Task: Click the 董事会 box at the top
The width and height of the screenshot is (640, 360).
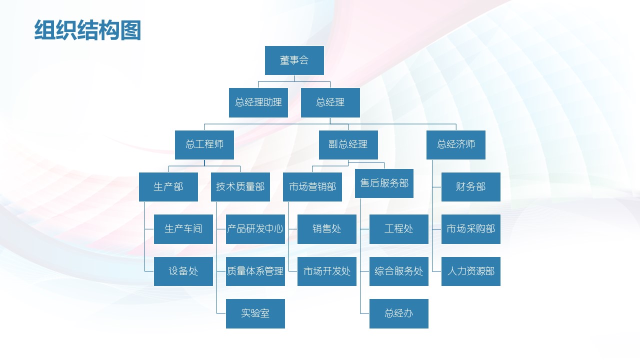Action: pyautogui.click(x=294, y=60)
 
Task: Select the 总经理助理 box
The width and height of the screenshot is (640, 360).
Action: pyautogui.click(x=258, y=102)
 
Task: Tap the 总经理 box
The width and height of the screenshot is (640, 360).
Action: pyautogui.click(x=330, y=102)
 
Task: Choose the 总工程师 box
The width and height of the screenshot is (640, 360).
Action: pyautogui.click(x=204, y=144)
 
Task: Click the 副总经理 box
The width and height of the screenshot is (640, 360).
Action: pyautogui.click(x=348, y=144)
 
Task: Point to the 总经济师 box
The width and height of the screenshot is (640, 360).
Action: pyautogui.click(x=455, y=144)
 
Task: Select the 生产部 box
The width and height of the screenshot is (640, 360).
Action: pyautogui.click(x=168, y=187)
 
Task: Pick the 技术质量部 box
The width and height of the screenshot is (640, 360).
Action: pyautogui.click(x=240, y=187)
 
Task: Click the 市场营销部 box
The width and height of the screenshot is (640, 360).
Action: pyautogui.click(x=312, y=187)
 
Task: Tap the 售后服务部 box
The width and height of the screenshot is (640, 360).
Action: pyautogui.click(x=384, y=183)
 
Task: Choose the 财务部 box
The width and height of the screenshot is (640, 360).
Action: pyautogui.click(x=470, y=187)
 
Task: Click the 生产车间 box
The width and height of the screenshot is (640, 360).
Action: pyautogui.click(x=183, y=229)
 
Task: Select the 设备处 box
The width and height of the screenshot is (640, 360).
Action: pyautogui.click(x=183, y=271)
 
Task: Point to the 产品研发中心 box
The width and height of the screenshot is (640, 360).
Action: pyautogui.click(x=255, y=229)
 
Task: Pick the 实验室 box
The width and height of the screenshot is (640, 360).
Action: pyautogui.click(x=255, y=313)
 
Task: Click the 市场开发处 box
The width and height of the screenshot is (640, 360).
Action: pyautogui.click(x=327, y=271)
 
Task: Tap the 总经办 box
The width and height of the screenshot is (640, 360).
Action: pyautogui.click(x=399, y=313)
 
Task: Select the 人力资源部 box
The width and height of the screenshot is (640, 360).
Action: pyautogui.click(x=470, y=271)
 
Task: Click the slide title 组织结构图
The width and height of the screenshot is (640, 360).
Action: pyautogui.click(x=87, y=30)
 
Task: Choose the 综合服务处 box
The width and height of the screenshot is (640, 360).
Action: pyautogui.click(x=399, y=271)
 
